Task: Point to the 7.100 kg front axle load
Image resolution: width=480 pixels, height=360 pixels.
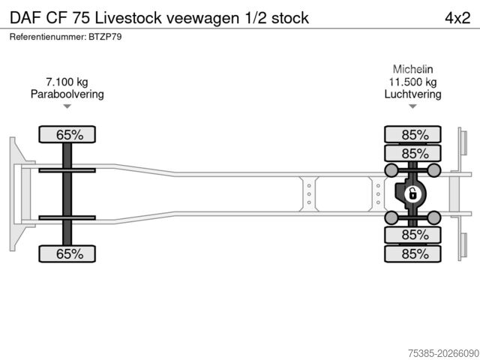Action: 67,82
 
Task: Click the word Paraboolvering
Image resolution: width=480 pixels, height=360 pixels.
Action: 67,94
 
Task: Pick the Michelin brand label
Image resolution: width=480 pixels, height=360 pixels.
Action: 412,69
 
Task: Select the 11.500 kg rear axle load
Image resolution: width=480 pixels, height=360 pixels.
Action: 412,82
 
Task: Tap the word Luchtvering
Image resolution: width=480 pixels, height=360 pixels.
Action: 412,94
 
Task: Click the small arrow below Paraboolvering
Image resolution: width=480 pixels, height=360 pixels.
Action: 67,107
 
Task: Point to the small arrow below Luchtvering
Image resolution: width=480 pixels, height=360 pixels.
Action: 412,107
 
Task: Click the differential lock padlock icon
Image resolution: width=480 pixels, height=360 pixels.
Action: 411,195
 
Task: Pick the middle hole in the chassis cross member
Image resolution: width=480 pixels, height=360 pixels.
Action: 308,194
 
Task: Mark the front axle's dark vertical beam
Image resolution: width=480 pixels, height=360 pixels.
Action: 67,194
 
